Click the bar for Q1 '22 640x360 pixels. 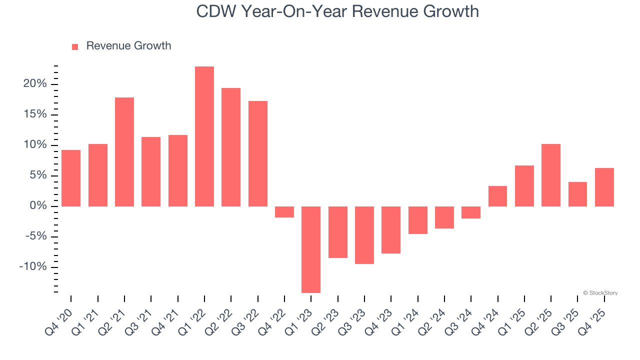pos(204,136)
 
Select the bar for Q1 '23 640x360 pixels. pos(311,249)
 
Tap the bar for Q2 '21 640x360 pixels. pos(124,152)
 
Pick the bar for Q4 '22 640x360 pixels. pos(284,212)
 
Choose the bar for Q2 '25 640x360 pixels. pos(551,175)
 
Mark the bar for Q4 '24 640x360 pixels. pos(497,196)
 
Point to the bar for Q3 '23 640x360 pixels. pos(364,235)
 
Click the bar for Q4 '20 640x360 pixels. pos(71,178)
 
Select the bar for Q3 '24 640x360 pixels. pos(471,212)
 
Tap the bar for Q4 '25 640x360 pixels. pos(604,187)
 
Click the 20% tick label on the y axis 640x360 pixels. pos(35,84)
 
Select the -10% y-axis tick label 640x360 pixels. pos(33,267)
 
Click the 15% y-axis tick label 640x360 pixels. pos(35,114)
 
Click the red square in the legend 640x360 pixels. pos(75,46)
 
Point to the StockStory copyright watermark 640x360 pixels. pos(600,293)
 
